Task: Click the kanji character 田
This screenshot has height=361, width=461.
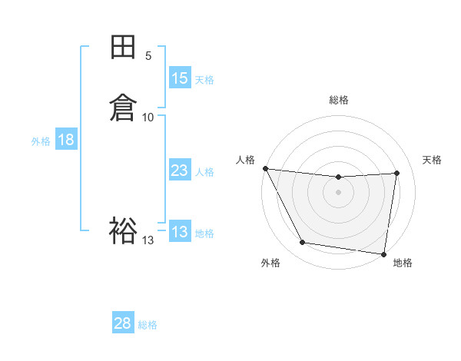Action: pyautogui.click(x=123, y=48)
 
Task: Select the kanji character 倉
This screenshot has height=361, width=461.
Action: pyautogui.click(x=123, y=107)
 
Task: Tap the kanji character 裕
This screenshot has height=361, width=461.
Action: pyautogui.click(x=123, y=230)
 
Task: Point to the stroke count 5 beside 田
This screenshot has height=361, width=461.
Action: pyautogui.click(x=148, y=56)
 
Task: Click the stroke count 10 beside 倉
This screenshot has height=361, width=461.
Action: pyautogui.click(x=148, y=117)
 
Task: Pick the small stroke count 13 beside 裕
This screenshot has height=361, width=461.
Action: pyautogui.click(x=148, y=240)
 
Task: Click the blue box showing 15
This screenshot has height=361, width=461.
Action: pyautogui.click(x=179, y=78)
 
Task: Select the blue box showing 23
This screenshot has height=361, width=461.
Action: pyautogui.click(x=179, y=171)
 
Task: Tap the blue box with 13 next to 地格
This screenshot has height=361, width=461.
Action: pyautogui.click(x=179, y=232)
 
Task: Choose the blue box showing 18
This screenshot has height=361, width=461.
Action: pyautogui.click(x=66, y=140)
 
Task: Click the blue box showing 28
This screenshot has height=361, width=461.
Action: pyautogui.click(x=123, y=323)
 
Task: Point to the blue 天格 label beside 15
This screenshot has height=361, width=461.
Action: pyautogui.click(x=204, y=80)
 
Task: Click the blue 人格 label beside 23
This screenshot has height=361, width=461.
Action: pyautogui.click(x=204, y=172)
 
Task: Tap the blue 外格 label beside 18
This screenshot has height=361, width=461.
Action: pyautogui.click(x=41, y=141)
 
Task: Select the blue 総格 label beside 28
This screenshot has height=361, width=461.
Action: pyautogui.click(x=148, y=325)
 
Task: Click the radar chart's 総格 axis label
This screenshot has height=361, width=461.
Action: pyautogui.click(x=339, y=100)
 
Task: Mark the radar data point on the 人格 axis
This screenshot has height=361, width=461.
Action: pyautogui.click(x=265, y=168)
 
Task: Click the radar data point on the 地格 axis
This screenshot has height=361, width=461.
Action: pyautogui.click(x=384, y=253)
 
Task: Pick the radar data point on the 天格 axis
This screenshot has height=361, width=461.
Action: pyautogui.click(x=397, y=173)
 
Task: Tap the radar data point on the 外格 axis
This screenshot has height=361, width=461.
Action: pyautogui.click(x=303, y=243)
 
